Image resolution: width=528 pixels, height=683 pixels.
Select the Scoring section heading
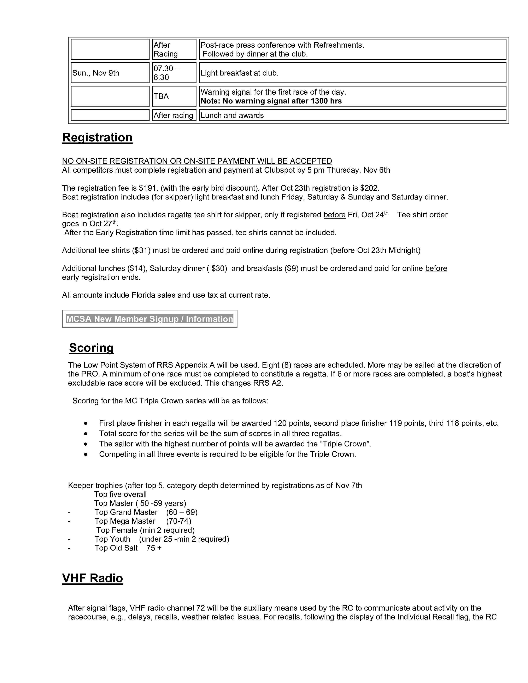(91, 348)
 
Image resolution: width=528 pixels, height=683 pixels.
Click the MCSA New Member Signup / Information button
(149, 319)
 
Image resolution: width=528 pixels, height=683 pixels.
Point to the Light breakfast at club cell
(239, 73)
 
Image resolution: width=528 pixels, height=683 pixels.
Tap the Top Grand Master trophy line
(146, 512)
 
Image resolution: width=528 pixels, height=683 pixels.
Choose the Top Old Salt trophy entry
(128, 548)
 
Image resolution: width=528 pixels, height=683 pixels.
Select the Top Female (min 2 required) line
(145, 530)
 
